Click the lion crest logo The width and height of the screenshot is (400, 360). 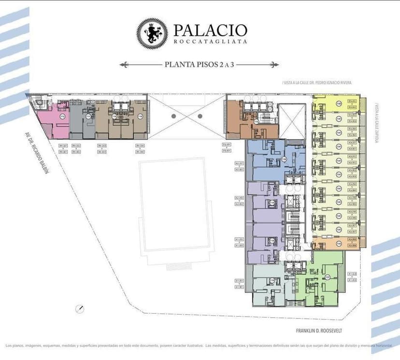[152, 33]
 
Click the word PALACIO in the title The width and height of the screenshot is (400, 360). [210, 30]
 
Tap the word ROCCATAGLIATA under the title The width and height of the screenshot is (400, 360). [210, 42]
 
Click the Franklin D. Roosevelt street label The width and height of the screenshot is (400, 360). [320, 331]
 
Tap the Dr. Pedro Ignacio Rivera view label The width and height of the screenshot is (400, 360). [317, 83]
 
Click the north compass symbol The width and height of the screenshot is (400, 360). [81, 308]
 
